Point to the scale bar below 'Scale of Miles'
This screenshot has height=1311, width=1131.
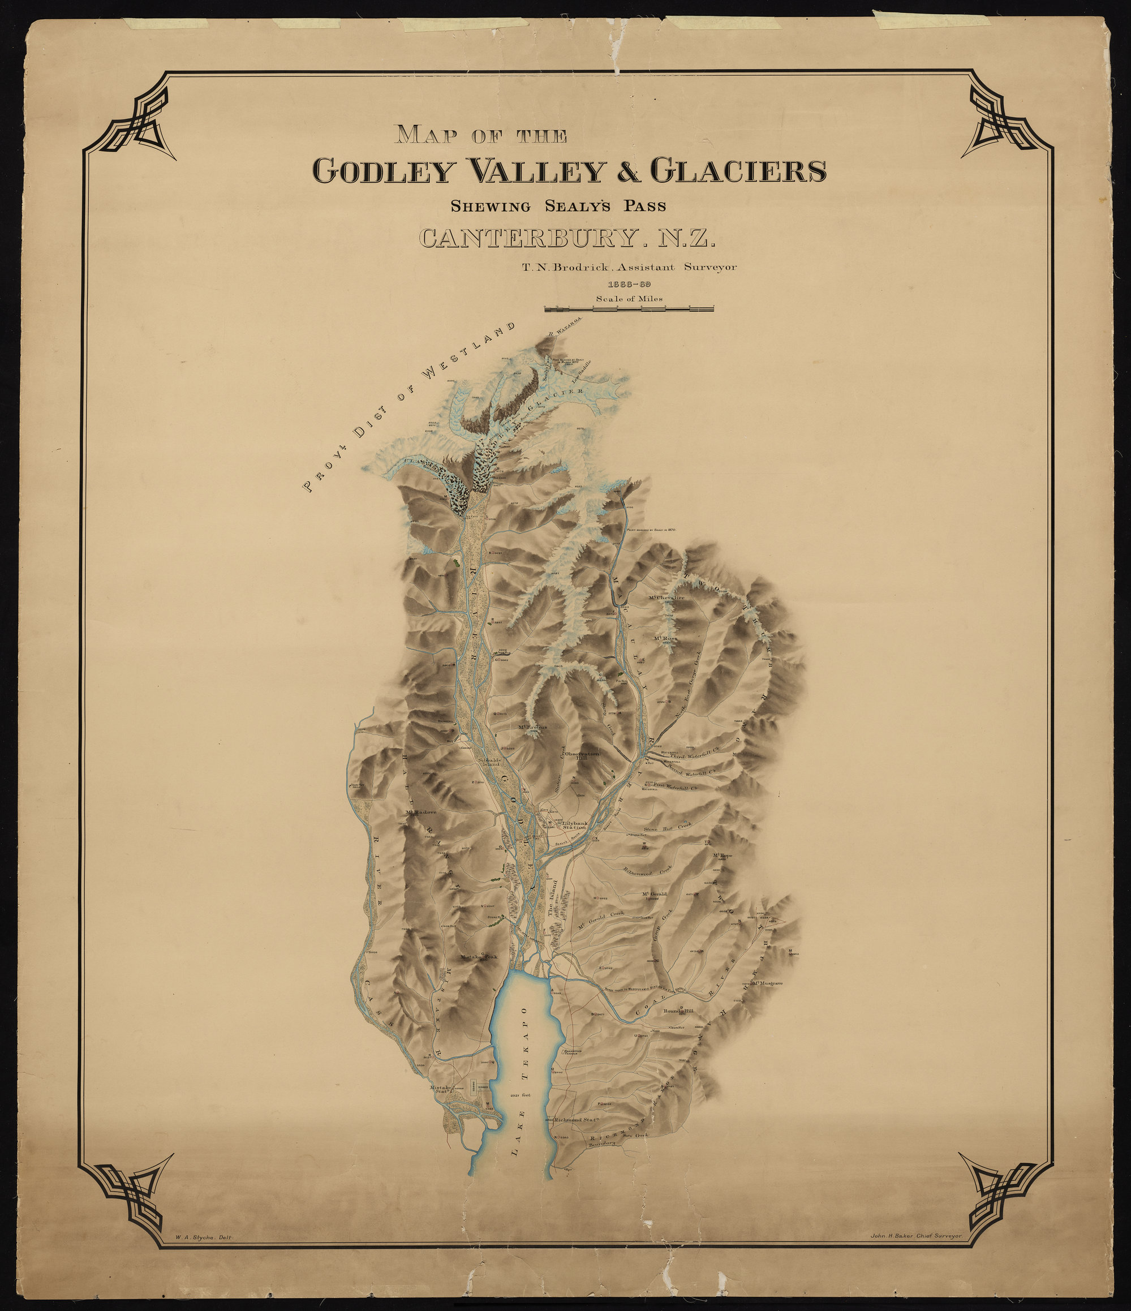pyautogui.click(x=629, y=310)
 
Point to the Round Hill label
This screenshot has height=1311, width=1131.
pyautogui.click(x=678, y=1011)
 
